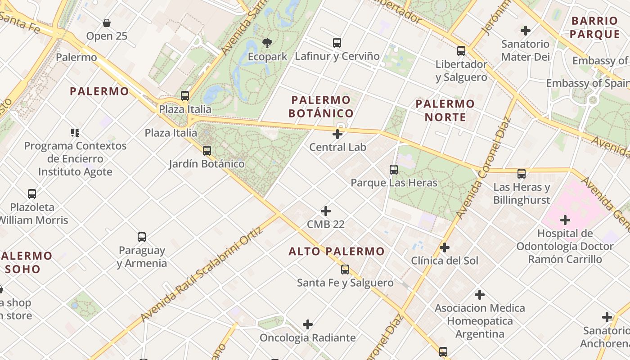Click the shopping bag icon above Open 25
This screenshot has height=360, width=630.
click(107, 23)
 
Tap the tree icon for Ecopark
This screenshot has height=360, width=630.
click(267, 43)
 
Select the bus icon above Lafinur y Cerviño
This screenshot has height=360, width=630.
click(337, 43)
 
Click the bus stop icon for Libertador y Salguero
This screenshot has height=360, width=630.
click(461, 51)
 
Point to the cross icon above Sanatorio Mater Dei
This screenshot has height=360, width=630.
click(525, 31)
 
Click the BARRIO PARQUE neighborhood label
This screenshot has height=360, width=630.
click(595, 27)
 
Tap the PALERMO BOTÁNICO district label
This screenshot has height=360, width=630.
click(321, 107)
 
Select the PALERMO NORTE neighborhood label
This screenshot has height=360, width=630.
click(445, 111)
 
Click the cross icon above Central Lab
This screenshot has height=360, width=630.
click(337, 134)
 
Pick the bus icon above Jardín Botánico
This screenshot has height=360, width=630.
click(207, 151)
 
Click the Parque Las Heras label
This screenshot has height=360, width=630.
click(394, 183)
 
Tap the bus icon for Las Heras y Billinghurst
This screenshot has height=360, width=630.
click(522, 174)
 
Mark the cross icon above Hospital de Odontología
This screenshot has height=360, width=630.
click(565, 220)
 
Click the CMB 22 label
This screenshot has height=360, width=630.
click(326, 224)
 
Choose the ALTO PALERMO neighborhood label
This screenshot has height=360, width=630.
click(337, 252)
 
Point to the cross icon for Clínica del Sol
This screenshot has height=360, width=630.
click(445, 247)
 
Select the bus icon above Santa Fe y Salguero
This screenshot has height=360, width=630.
click(345, 270)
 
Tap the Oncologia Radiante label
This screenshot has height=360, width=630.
click(308, 337)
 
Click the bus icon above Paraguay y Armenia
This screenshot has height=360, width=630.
click(142, 237)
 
